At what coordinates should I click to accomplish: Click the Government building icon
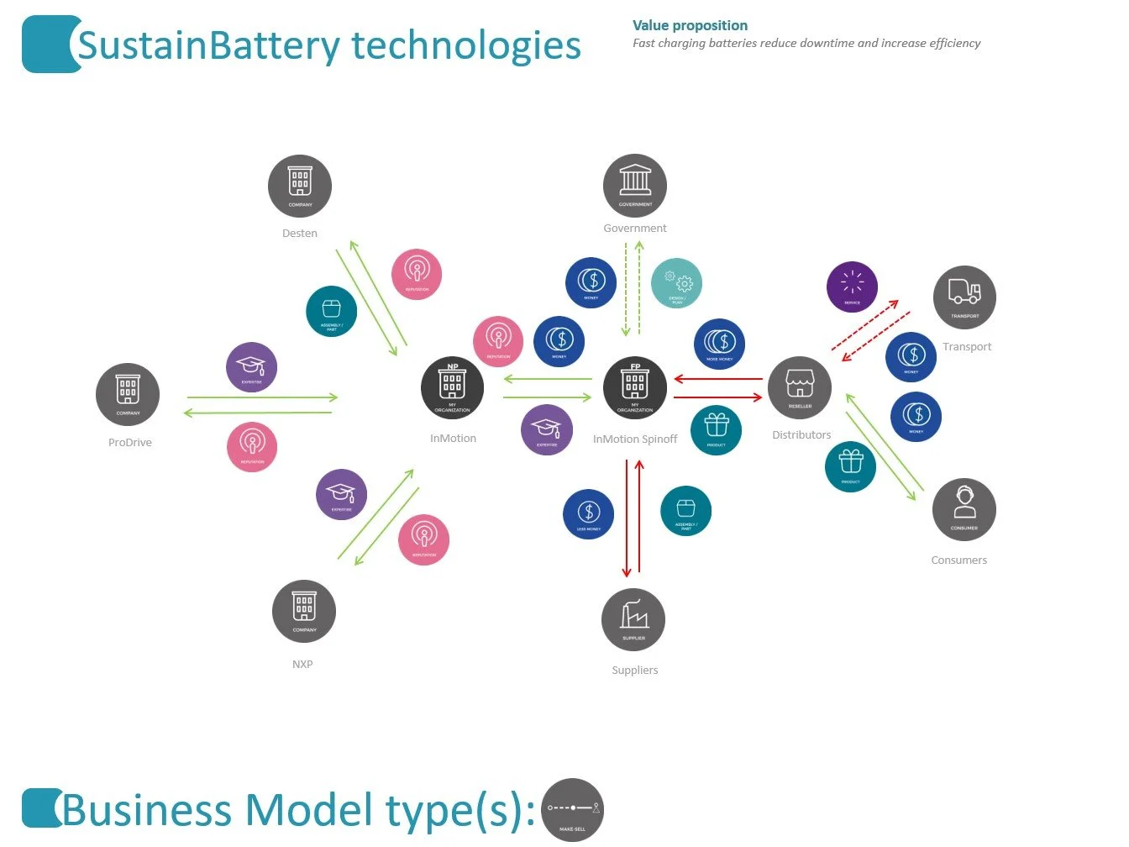[635, 186]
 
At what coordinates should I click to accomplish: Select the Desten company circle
[300, 186]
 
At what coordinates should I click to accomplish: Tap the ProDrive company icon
[128, 395]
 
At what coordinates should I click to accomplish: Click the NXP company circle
[304, 611]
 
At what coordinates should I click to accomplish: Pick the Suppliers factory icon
[633, 620]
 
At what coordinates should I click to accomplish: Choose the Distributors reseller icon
[800, 388]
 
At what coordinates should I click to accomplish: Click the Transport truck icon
[964, 297]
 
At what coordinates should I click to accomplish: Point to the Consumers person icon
[964, 509]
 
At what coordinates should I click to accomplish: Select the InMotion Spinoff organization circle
[635, 387]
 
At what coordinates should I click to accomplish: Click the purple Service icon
[852, 287]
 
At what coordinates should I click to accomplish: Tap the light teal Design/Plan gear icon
[676, 283]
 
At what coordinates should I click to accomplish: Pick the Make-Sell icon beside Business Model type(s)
[573, 810]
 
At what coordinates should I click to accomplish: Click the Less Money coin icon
[589, 514]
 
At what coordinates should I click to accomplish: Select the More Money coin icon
[720, 345]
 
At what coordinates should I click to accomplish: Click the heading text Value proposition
[690, 26]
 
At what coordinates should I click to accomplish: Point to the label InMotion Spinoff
[635, 439]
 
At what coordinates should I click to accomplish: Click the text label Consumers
[959, 560]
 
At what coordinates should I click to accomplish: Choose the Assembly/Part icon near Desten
[332, 312]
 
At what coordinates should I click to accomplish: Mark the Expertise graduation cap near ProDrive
[251, 367]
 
